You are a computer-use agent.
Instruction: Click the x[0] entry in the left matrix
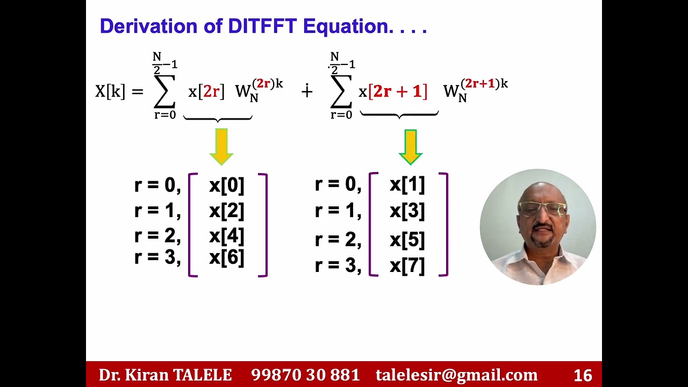click(x=226, y=185)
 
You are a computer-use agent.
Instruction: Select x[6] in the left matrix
click(x=226, y=257)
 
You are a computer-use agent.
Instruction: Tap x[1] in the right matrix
click(x=407, y=185)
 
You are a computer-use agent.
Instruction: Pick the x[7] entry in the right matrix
click(x=407, y=266)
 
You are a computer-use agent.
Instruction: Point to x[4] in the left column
click(x=226, y=236)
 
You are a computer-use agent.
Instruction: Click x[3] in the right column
click(x=407, y=211)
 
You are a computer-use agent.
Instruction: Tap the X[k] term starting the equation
click(x=110, y=91)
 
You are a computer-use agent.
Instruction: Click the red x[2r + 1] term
click(x=393, y=91)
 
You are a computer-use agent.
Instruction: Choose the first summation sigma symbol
click(x=164, y=91)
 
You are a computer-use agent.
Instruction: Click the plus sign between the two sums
click(x=307, y=91)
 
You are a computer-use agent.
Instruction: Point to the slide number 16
click(x=583, y=375)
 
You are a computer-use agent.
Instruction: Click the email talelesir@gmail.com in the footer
click(x=456, y=375)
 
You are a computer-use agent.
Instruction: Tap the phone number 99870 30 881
click(x=305, y=375)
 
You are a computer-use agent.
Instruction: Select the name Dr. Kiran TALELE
click(x=165, y=375)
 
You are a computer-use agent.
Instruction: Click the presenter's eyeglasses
click(x=542, y=208)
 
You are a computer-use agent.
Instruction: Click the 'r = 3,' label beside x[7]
click(x=338, y=266)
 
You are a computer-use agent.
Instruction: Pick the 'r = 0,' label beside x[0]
click(x=157, y=185)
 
